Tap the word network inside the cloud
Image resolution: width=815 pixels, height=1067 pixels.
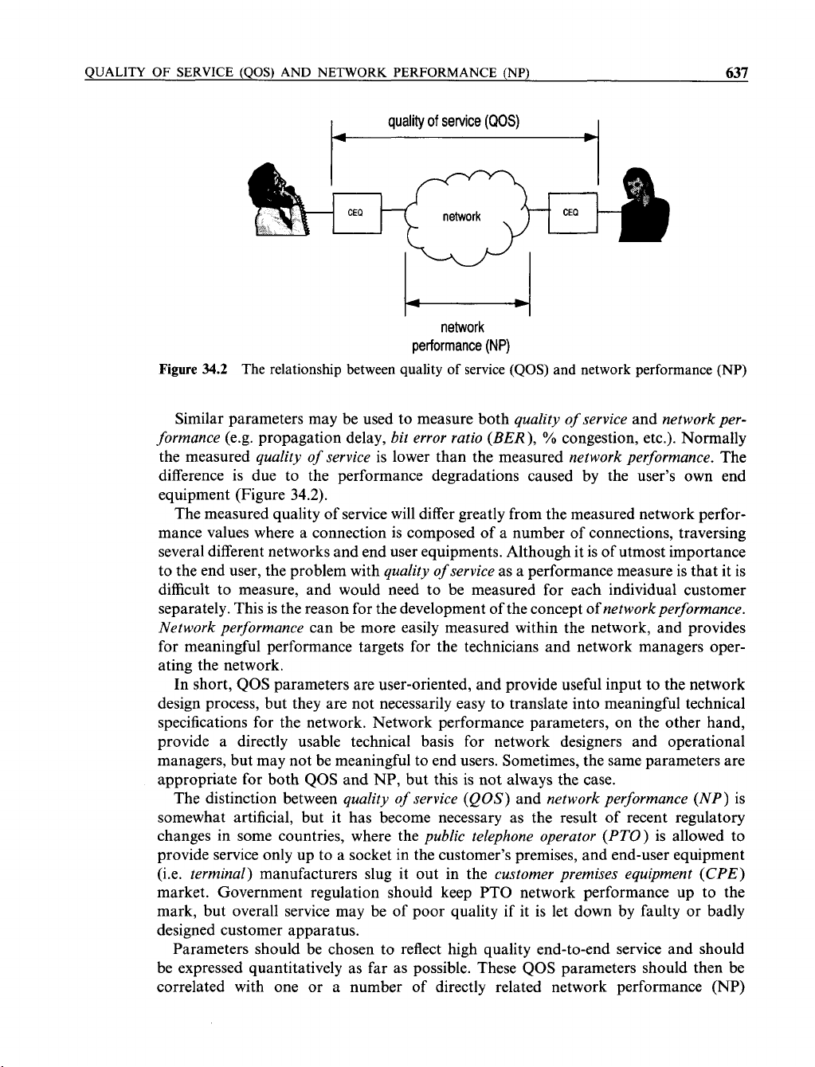coord(462,217)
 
